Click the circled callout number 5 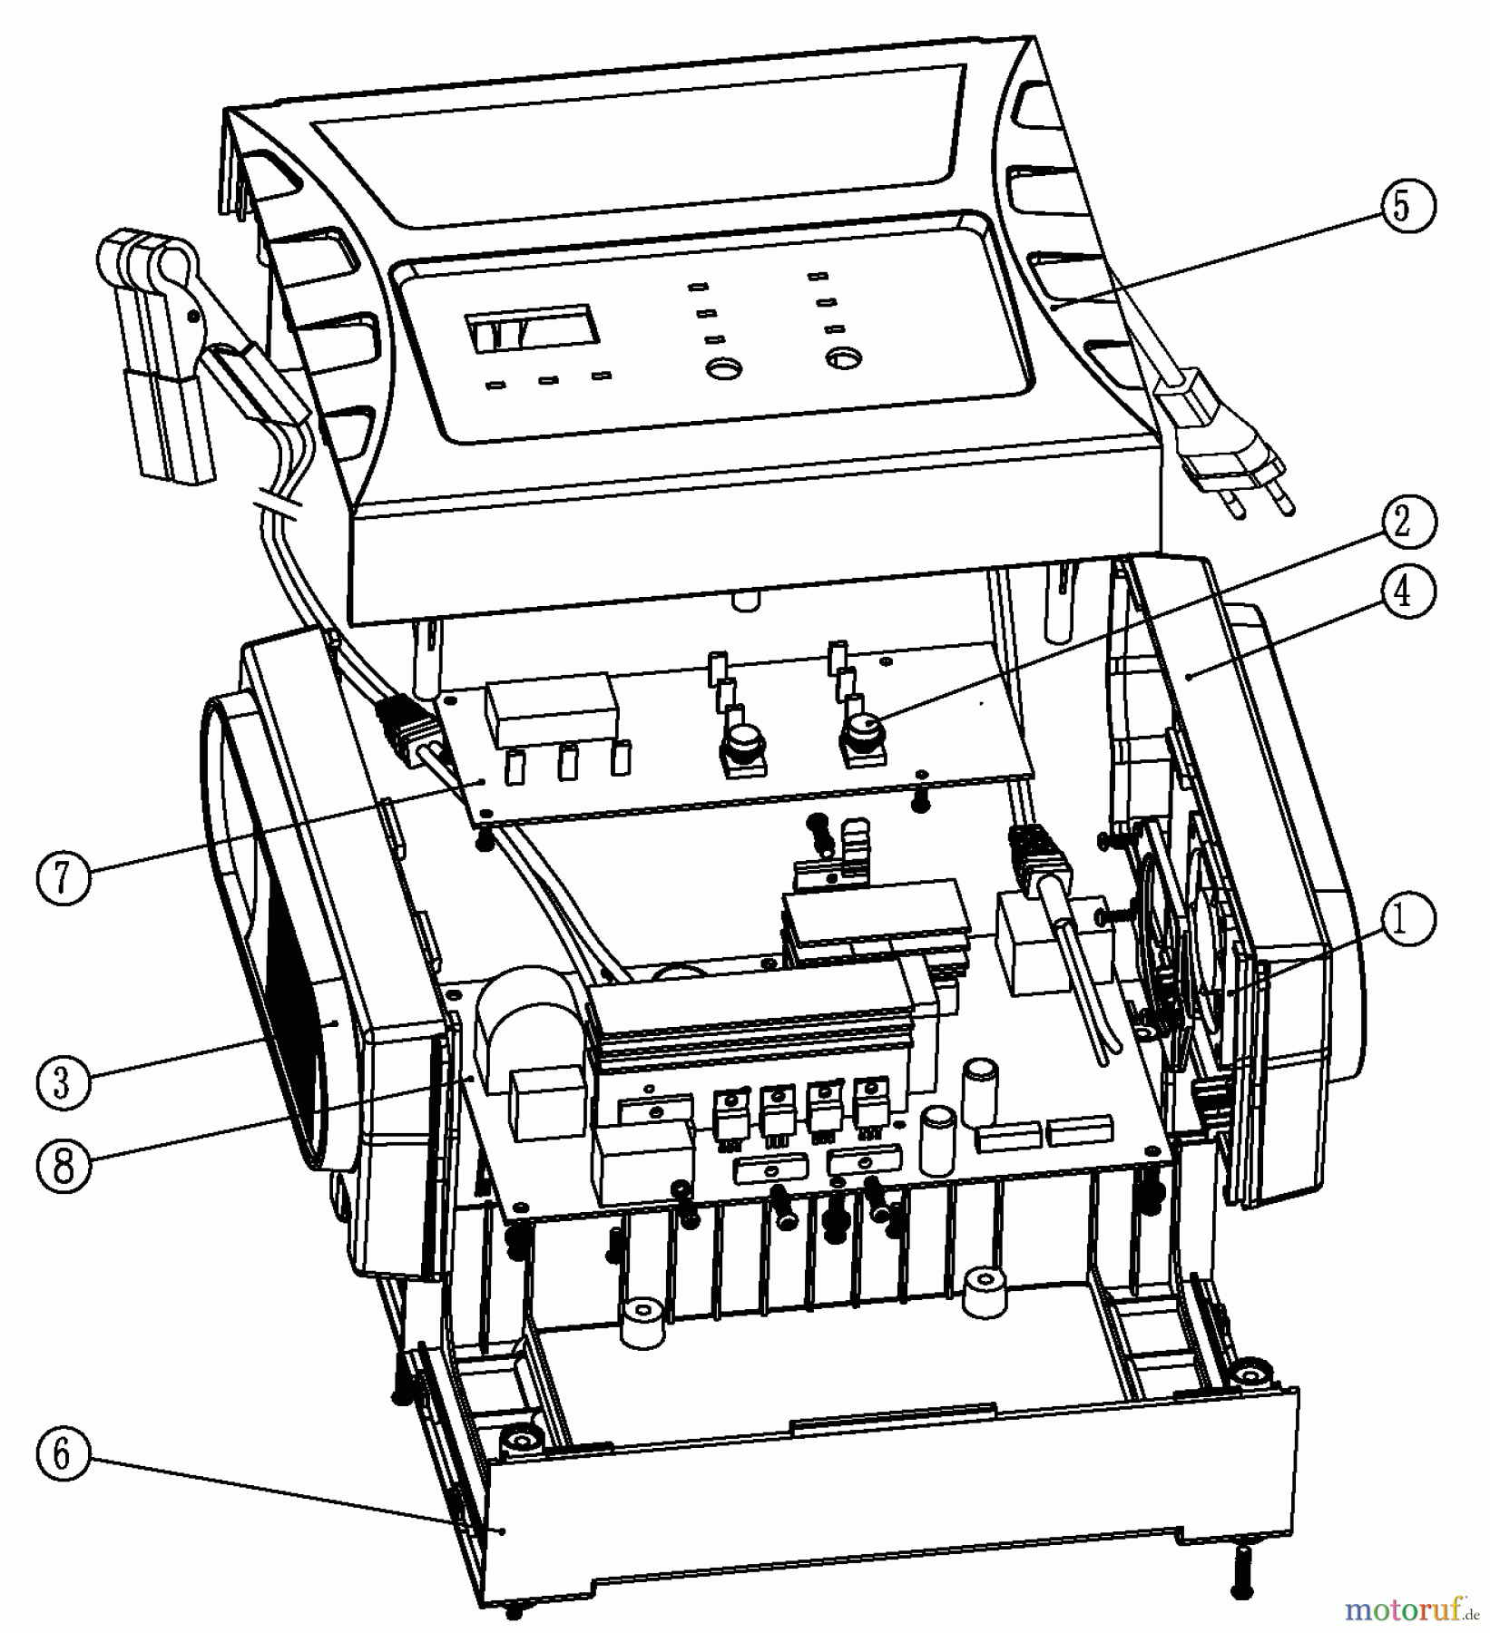(x=1401, y=206)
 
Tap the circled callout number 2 (x=1401, y=523)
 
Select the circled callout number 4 (x=1401, y=592)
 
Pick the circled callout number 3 (x=62, y=1082)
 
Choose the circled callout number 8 (x=62, y=1164)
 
